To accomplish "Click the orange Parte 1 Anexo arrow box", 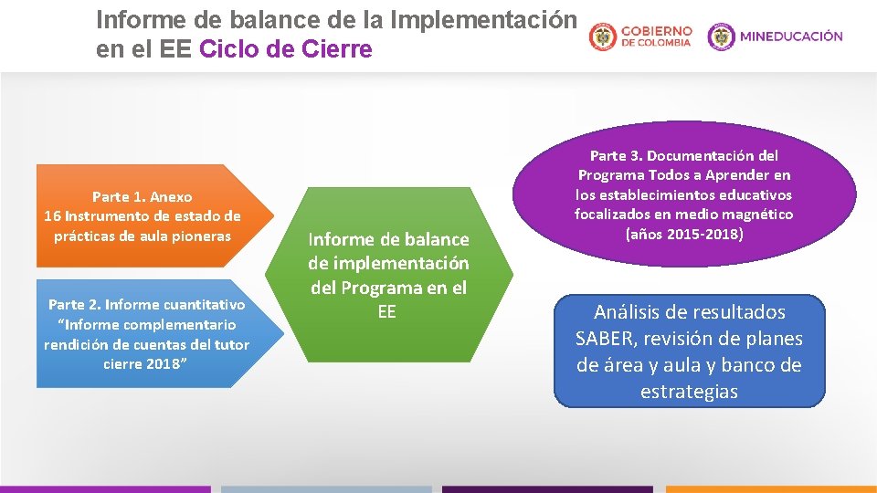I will pyautogui.click(x=146, y=216).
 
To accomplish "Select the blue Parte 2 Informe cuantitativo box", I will pyautogui.click(x=146, y=333).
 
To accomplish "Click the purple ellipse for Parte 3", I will pyautogui.click(x=683, y=194).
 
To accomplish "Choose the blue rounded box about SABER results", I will pyautogui.click(x=689, y=351).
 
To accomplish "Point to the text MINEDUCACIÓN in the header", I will pyautogui.click(x=791, y=37).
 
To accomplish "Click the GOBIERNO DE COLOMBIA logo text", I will pyautogui.click(x=656, y=37).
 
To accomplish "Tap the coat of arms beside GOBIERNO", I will pyautogui.click(x=603, y=37).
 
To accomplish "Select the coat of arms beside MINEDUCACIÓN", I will pyautogui.click(x=721, y=37).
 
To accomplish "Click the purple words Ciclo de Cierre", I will pyautogui.click(x=285, y=49).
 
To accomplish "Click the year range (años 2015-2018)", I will pyautogui.click(x=683, y=235).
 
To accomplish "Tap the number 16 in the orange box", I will pyautogui.click(x=52, y=216).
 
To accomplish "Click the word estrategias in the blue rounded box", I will pyautogui.click(x=689, y=392).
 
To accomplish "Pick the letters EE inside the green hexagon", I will pyautogui.click(x=387, y=312).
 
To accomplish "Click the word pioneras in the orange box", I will pyautogui.click(x=203, y=236).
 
